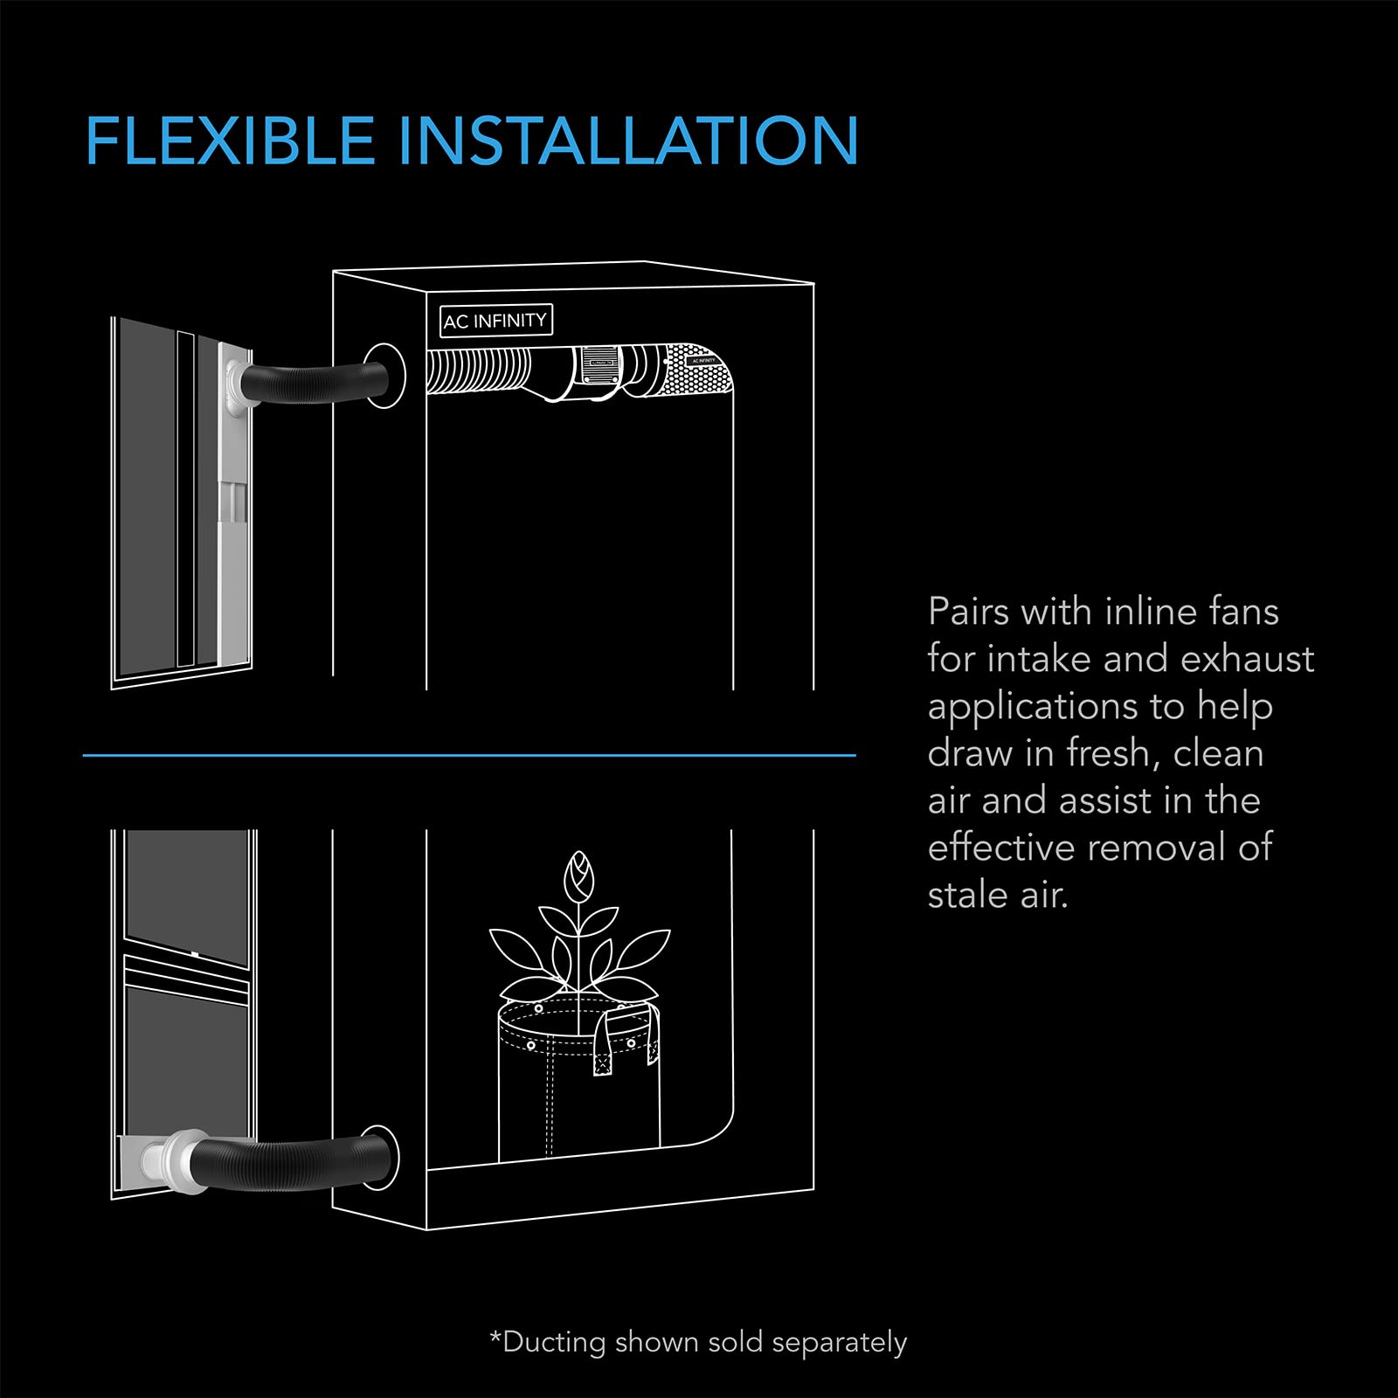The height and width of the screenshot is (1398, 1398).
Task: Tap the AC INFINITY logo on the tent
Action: pyautogui.click(x=495, y=321)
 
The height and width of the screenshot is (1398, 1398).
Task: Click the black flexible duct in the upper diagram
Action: pyautogui.click(x=315, y=383)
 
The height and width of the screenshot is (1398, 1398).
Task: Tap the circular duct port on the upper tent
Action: pyautogui.click(x=385, y=374)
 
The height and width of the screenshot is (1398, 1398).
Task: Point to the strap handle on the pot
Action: pyautogui.click(x=603, y=1044)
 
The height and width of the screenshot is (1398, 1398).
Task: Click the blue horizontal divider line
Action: pyautogui.click(x=469, y=755)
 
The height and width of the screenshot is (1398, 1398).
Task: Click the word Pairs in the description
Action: pyautogui.click(x=967, y=612)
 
